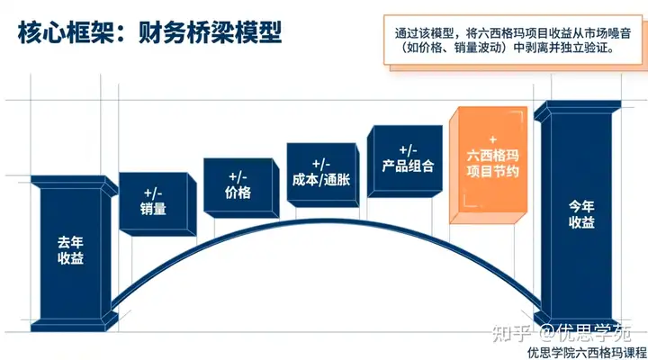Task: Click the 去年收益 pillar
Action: pos(75,243)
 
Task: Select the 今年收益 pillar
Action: pos(580,216)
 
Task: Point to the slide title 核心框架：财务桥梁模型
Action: pos(149,33)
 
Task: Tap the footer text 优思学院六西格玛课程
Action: pos(586,352)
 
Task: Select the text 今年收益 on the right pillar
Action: pos(581,216)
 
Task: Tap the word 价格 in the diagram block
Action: pos(238,193)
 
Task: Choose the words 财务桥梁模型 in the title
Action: pos(211,33)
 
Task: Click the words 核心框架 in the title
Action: pos(65,33)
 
